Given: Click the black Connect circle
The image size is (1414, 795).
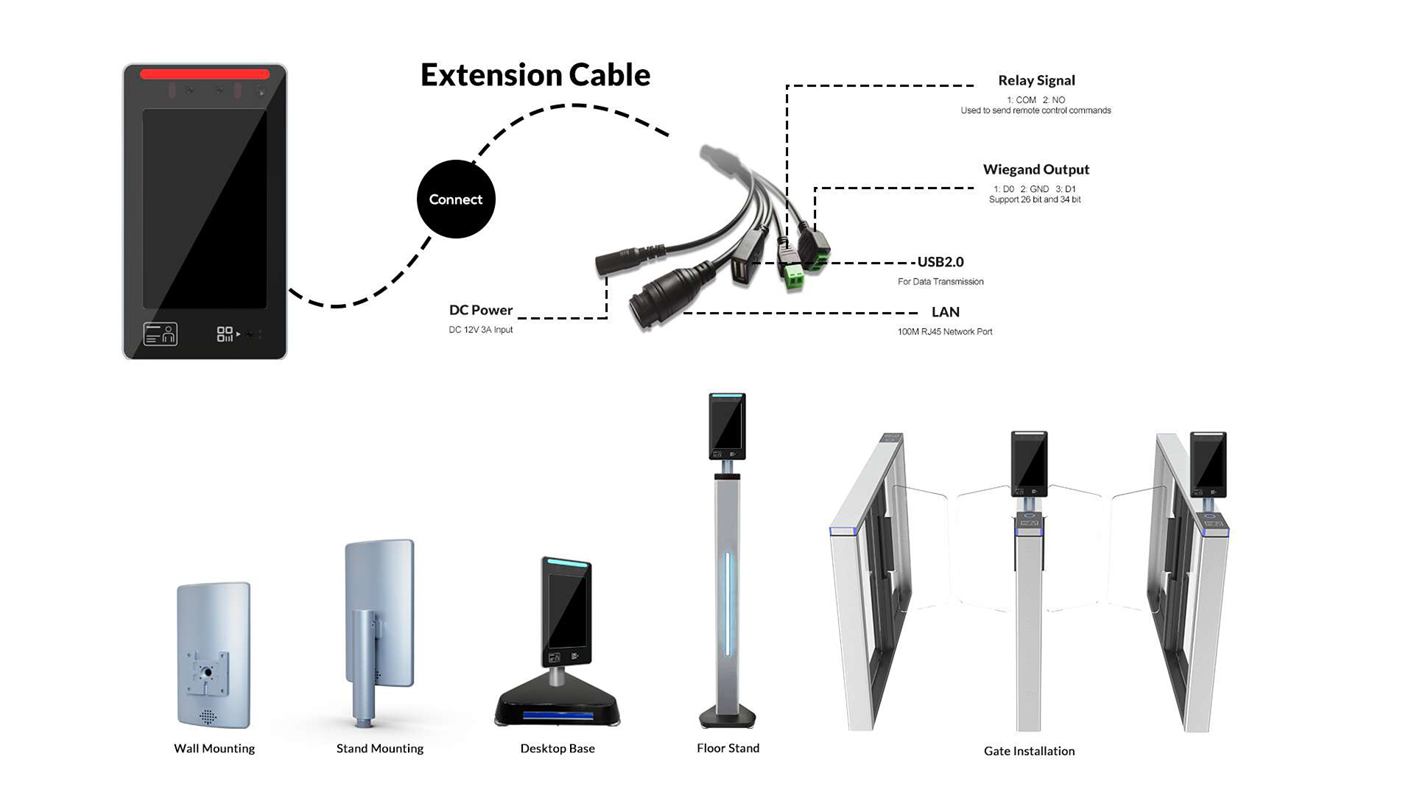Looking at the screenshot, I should tap(456, 199).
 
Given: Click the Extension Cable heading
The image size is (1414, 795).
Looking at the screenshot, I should tap(535, 75).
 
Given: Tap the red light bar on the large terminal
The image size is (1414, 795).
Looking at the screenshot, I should tap(205, 74).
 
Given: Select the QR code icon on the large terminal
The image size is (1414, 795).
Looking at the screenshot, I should tap(225, 334).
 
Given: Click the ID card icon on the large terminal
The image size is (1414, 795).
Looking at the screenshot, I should tap(160, 334).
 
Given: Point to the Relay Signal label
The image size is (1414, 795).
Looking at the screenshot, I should tap(1036, 80).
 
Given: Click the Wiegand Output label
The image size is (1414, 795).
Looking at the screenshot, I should tap(1035, 169).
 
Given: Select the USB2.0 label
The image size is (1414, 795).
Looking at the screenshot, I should tap(940, 262).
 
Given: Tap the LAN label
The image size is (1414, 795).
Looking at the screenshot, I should tap(946, 312).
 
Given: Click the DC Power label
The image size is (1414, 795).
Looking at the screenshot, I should tap(481, 310).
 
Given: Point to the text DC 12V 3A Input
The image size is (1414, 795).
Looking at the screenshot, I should tap(481, 330).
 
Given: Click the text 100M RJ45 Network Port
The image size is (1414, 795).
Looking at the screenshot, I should tap(945, 332).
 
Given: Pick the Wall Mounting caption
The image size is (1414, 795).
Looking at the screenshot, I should tap(214, 749).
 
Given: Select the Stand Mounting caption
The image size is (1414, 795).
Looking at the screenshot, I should tap(380, 749).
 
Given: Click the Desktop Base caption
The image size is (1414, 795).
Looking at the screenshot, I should tap(557, 749).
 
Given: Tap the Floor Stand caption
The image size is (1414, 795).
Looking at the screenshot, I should tap(728, 748).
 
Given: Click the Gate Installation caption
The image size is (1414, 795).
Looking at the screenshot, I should tap(1029, 751).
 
